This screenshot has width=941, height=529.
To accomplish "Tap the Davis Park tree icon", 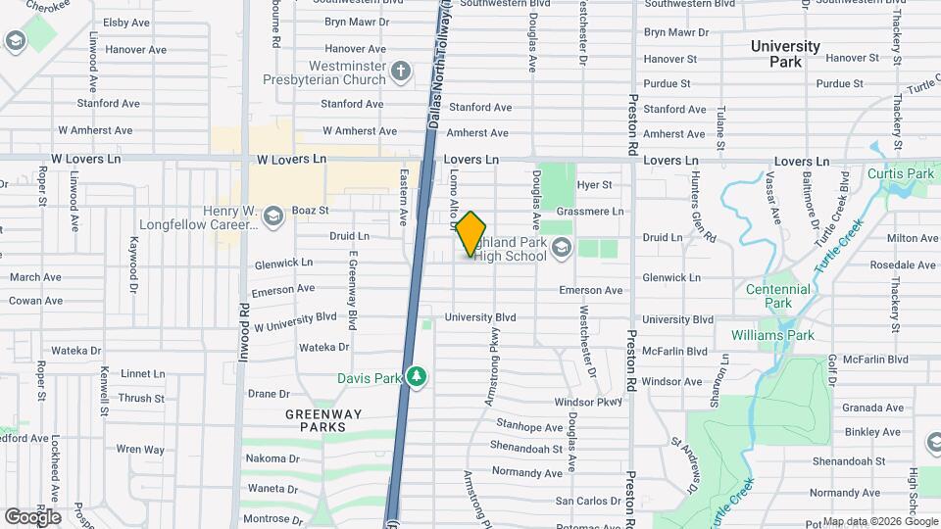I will (418, 377).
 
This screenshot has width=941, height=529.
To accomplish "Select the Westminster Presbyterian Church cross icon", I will (400, 71).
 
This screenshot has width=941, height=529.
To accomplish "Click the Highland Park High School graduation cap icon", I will (561, 248).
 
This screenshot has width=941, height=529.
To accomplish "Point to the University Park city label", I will (785, 54).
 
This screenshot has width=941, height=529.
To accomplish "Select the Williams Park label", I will (772, 335).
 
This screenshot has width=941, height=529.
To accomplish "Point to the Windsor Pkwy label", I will (588, 402).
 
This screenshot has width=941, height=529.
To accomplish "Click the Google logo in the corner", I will (31, 516).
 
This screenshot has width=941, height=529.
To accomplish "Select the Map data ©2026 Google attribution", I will (880, 521).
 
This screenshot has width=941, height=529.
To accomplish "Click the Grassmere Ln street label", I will (589, 211).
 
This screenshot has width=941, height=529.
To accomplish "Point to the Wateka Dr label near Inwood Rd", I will (323, 347).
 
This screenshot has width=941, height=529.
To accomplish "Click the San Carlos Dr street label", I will (588, 501).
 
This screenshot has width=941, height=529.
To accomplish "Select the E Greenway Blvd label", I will (350, 289).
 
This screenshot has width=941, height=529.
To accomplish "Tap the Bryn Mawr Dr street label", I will (676, 32).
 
